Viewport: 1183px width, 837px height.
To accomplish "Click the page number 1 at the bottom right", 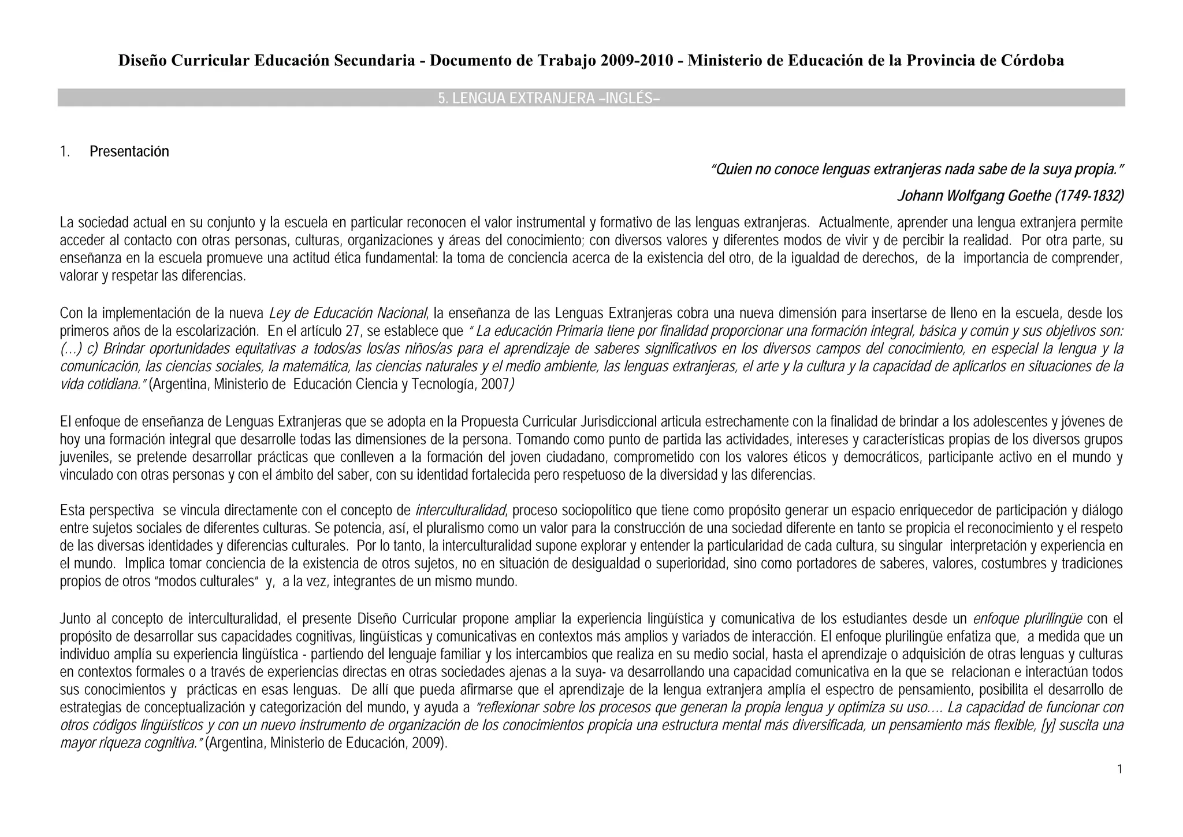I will [x=1120, y=769].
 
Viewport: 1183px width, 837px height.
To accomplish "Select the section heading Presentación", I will [x=129, y=151].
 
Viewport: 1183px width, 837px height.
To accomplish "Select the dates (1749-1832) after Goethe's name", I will [x=1089, y=197].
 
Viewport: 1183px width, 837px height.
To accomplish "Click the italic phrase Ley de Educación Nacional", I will [x=348, y=313].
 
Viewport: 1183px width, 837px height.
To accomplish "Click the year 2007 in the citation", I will [x=494, y=384].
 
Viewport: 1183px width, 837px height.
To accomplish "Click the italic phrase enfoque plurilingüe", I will [x=1028, y=619].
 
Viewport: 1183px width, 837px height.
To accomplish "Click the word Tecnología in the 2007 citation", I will [x=445, y=384].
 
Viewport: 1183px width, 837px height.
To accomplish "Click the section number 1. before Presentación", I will [x=65, y=151].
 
